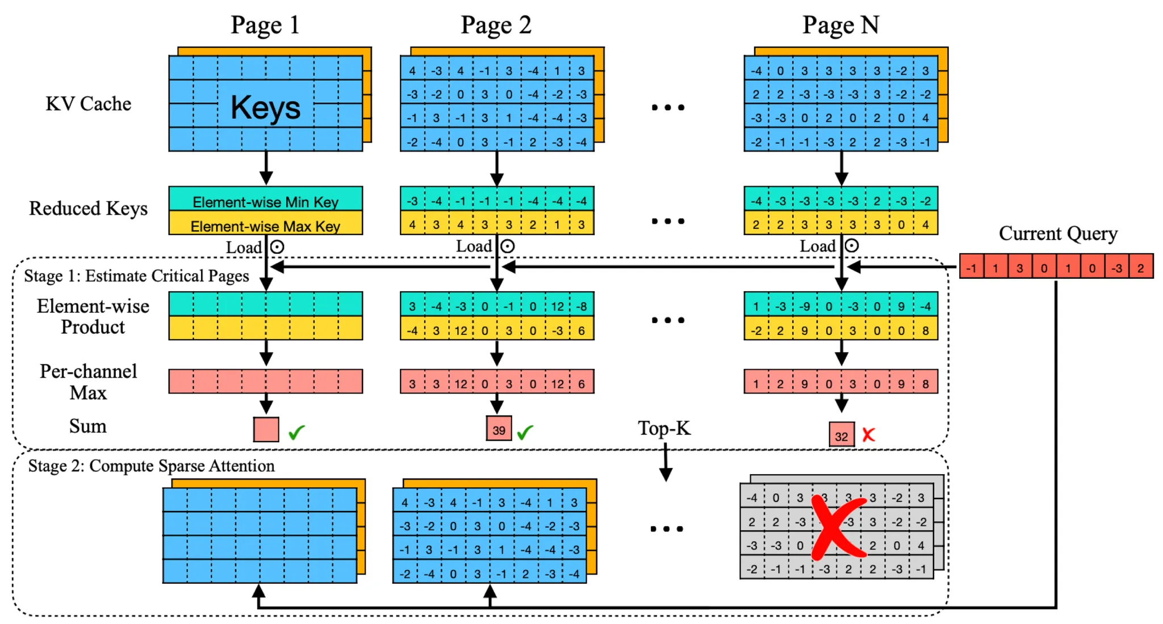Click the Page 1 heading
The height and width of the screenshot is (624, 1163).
point(265,25)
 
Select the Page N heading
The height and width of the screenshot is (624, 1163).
point(840,25)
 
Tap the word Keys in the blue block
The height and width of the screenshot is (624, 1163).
point(265,107)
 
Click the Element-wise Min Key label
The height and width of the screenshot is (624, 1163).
point(265,202)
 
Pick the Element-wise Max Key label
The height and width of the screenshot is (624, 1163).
point(265,226)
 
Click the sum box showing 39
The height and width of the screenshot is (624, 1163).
point(499,429)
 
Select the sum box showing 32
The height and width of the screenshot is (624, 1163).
point(841,435)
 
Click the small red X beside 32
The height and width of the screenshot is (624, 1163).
point(868,435)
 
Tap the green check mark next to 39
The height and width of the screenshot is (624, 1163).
point(525,432)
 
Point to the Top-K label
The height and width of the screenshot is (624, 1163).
point(664,428)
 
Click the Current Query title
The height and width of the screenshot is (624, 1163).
point(1057,233)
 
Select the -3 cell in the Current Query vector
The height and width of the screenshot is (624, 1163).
point(1116,267)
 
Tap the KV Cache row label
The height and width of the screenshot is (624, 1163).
point(89,104)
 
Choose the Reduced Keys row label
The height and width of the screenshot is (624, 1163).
point(89,208)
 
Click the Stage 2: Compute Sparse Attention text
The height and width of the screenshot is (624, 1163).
point(151,466)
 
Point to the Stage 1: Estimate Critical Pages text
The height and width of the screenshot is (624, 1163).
point(136,276)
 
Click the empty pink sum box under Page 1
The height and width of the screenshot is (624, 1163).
point(266,429)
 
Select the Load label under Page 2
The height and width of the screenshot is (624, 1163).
point(474,246)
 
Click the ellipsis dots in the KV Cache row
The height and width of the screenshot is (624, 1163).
point(668,107)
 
